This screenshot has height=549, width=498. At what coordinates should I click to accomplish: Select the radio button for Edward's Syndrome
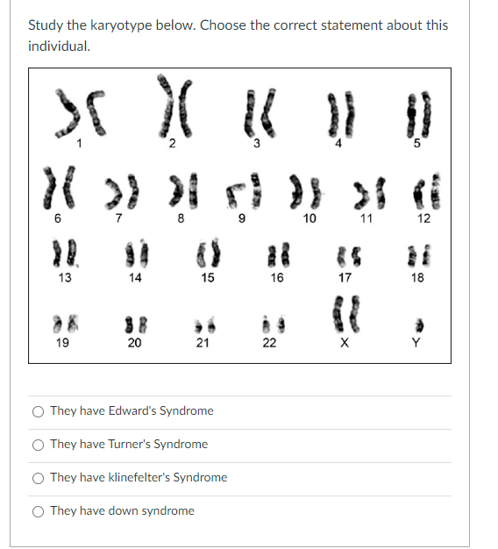[39, 410]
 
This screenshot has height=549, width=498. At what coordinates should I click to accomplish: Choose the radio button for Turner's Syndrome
[39, 444]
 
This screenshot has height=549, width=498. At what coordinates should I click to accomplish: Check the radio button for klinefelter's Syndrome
[39, 477]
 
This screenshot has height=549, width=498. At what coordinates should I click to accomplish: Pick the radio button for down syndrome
[39, 510]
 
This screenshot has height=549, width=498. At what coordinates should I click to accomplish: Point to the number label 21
[202, 343]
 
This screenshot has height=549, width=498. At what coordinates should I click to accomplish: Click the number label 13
[64, 278]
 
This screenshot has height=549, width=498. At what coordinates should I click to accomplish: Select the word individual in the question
[58, 46]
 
